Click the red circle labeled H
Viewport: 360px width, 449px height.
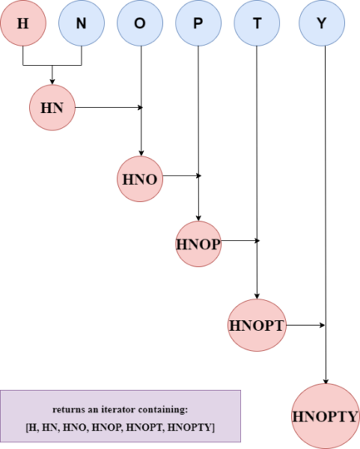pyautogui.click(x=22, y=23)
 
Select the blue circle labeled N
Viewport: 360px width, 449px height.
pyautogui.click(x=81, y=23)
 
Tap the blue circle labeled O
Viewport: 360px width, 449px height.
pyautogui.click(x=139, y=23)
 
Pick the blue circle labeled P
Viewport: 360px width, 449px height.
pyautogui.click(x=197, y=23)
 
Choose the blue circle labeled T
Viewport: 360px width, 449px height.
pyautogui.click(x=257, y=23)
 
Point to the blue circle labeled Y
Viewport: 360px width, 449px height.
pyautogui.click(x=322, y=23)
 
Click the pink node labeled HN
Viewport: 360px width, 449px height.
pyautogui.click(x=52, y=106)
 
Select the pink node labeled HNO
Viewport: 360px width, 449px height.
pyautogui.click(x=138, y=179)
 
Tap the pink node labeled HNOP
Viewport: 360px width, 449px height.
pyautogui.click(x=199, y=244)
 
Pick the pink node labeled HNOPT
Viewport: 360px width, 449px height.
pyautogui.click(x=256, y=325)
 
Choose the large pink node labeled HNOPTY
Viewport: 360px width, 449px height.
pyautogui.click(x=325, y=417)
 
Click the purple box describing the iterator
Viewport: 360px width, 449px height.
pyautogui.click(x=121, y=415)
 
